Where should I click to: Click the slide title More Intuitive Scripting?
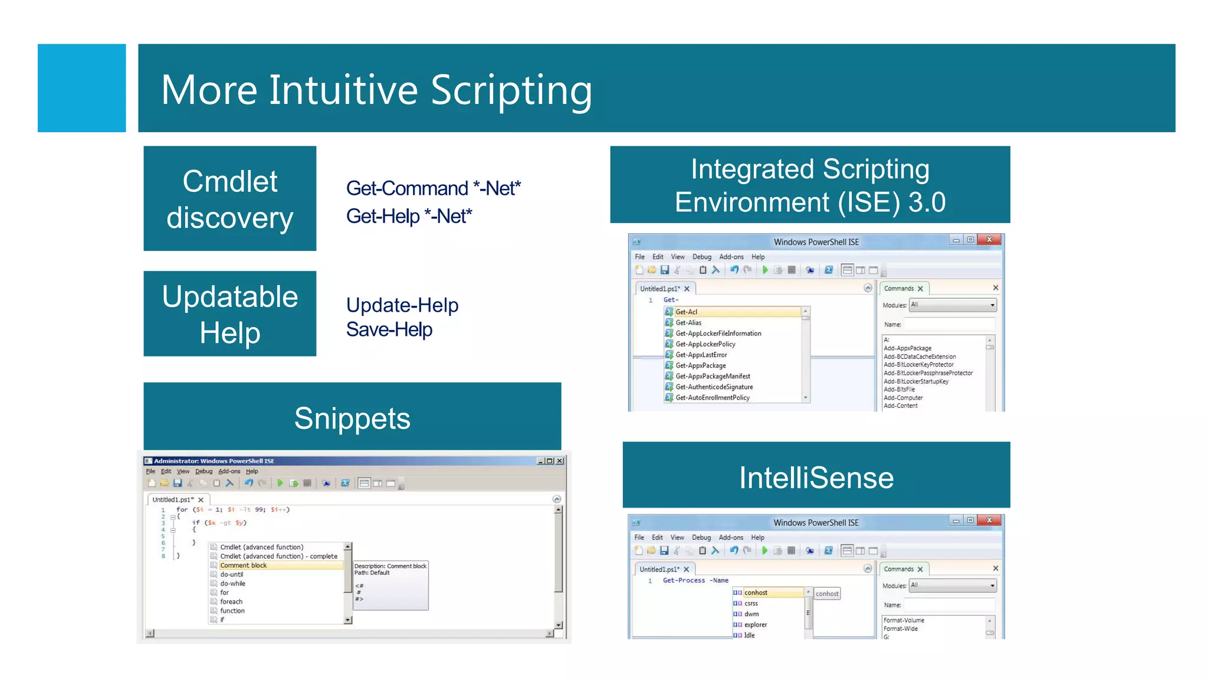tap(376, 90)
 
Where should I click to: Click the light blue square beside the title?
tap(81, 88)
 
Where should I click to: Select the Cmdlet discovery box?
tap(229, 198)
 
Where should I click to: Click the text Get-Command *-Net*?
tap(433, 188)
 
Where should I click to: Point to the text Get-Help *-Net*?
tap(409, 216)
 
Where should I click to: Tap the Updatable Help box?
tap(229, 313)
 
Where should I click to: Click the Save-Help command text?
tap(389, 329)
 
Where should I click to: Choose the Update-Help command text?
tap(402, 305)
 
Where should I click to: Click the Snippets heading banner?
tap(352, 417)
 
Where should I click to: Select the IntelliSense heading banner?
tap(816, 476)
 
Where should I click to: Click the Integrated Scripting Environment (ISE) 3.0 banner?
tap(809, 185)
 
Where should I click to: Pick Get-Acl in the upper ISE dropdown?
tap(687, 312)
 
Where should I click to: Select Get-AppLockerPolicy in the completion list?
tap(705, 344)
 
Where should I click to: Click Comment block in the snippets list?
tap(243, 565)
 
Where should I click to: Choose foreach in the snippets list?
tap(231, 601)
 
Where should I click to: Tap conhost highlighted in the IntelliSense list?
tap(756, 593)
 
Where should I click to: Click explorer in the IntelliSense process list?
tap(756, 625)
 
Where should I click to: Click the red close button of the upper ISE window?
tap(989, 240)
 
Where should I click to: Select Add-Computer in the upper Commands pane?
tap(902, 398)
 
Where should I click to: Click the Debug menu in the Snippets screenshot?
tap(203, 471)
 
